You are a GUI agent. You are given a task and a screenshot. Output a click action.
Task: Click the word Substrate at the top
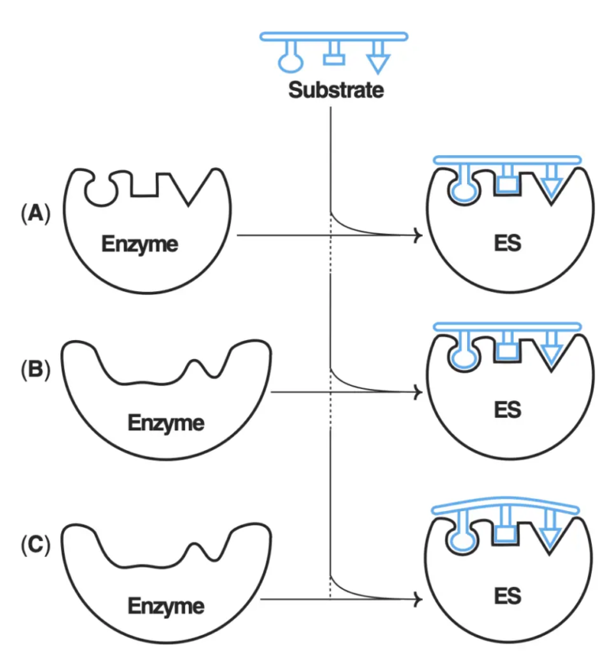point(336,89)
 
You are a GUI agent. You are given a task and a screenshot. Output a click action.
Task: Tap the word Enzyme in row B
point(165,422)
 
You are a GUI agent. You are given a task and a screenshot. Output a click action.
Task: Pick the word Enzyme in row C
point(165,606)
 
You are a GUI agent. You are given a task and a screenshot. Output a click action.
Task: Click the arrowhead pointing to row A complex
point(417,235)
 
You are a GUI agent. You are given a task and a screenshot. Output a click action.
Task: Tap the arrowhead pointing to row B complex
point(417,392)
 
